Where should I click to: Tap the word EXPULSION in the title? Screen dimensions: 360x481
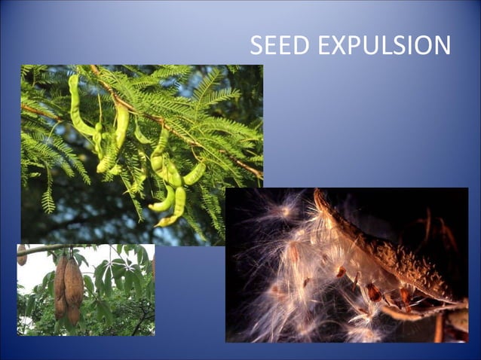coord(383,45)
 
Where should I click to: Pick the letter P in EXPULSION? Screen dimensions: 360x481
coord(348,45)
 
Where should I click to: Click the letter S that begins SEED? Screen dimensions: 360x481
coord(256,45)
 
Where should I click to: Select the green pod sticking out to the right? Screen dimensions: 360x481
coord(195,174)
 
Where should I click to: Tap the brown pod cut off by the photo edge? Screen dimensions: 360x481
coord(22,255)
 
